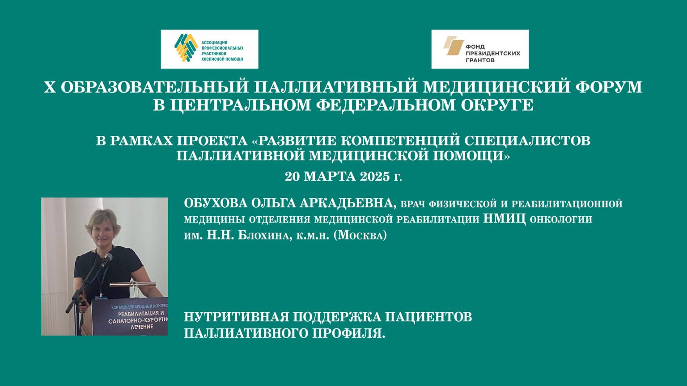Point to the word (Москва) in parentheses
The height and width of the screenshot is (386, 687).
click(360, 235)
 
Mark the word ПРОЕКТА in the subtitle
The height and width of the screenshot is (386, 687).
click(212, 141)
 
